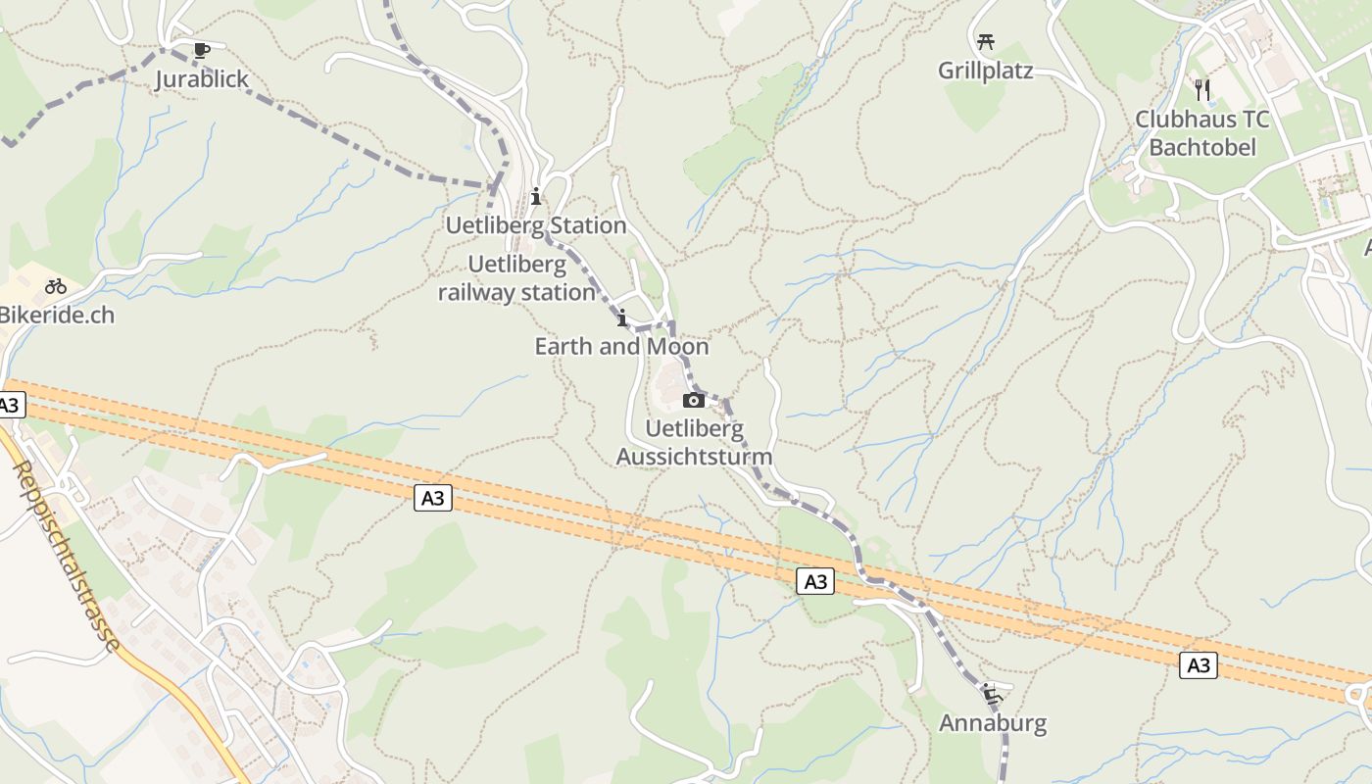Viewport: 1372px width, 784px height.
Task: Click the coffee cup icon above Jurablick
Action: coord(201,50)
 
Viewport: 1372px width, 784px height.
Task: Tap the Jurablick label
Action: coord(202,79)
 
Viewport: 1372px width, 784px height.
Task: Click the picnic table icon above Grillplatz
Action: coord(986,42)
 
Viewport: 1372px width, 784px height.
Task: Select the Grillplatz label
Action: coord(986,71)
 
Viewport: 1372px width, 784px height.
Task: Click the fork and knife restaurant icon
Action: coord(1202,90)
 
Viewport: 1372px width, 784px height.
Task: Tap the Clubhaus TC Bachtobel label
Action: coord(1201,133)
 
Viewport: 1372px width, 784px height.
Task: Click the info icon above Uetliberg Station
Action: coord(535,197)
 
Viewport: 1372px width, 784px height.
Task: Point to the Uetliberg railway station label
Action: coord(516,278)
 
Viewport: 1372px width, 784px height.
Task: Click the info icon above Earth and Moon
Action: coord(621,318)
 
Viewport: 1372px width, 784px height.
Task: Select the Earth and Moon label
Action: coord(621,347)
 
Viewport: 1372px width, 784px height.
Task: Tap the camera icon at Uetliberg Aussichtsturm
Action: coord(693,400)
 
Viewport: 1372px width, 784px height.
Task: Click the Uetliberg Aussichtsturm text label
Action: coord(694,443)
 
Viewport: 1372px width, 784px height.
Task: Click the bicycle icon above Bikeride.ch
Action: coord(56,287)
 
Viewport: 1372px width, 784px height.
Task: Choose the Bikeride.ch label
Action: coord(57,316)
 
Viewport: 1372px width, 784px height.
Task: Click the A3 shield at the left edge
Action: coord(9,405)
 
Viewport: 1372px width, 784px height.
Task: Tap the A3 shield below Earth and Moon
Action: coord(432,499)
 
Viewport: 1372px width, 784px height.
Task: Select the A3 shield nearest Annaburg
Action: coord(815,582)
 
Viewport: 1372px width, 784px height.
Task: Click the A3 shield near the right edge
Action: coord(1198,666)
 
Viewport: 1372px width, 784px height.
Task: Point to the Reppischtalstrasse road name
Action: coord(68,556)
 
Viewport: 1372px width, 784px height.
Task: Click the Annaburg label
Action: coord(993,723)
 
